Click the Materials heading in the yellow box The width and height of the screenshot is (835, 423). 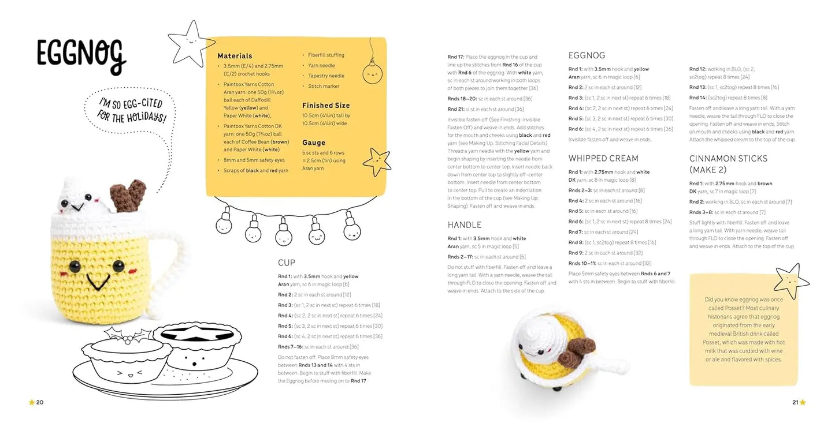click(235, 56)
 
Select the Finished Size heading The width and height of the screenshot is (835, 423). click(326, 106)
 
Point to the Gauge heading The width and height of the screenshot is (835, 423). click(314, 143)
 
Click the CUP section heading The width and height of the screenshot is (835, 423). click(287, 263)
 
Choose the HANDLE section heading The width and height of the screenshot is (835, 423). click(464, 224)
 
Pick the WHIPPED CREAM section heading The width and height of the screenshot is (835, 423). click(603, 158)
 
